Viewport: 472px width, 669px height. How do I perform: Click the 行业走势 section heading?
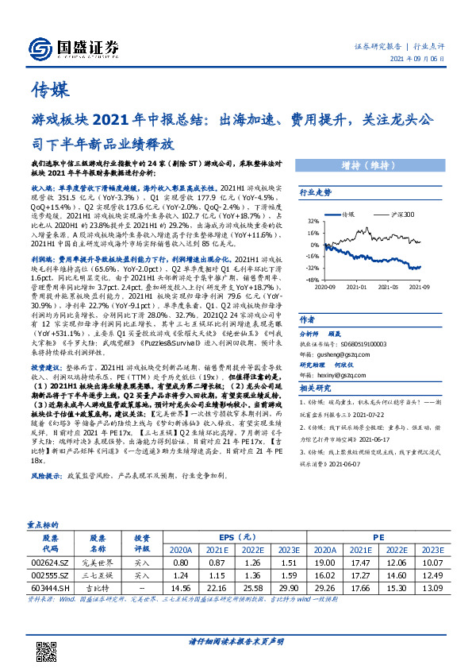pos(314,192)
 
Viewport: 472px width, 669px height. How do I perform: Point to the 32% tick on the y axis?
pos(313,222)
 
